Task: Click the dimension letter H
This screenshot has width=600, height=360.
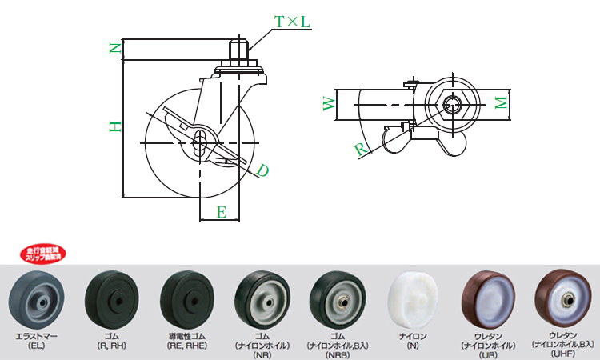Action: click(115, 126)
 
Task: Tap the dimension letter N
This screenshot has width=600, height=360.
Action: click(115, 49)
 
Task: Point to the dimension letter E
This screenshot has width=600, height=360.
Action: click(222, 212)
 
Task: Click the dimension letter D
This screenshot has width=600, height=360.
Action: click(262, 170)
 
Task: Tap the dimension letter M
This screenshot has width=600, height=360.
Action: click(499, 103)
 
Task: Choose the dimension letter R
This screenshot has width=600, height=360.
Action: click(361, 149)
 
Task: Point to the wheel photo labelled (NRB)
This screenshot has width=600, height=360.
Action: click(338, 298)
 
